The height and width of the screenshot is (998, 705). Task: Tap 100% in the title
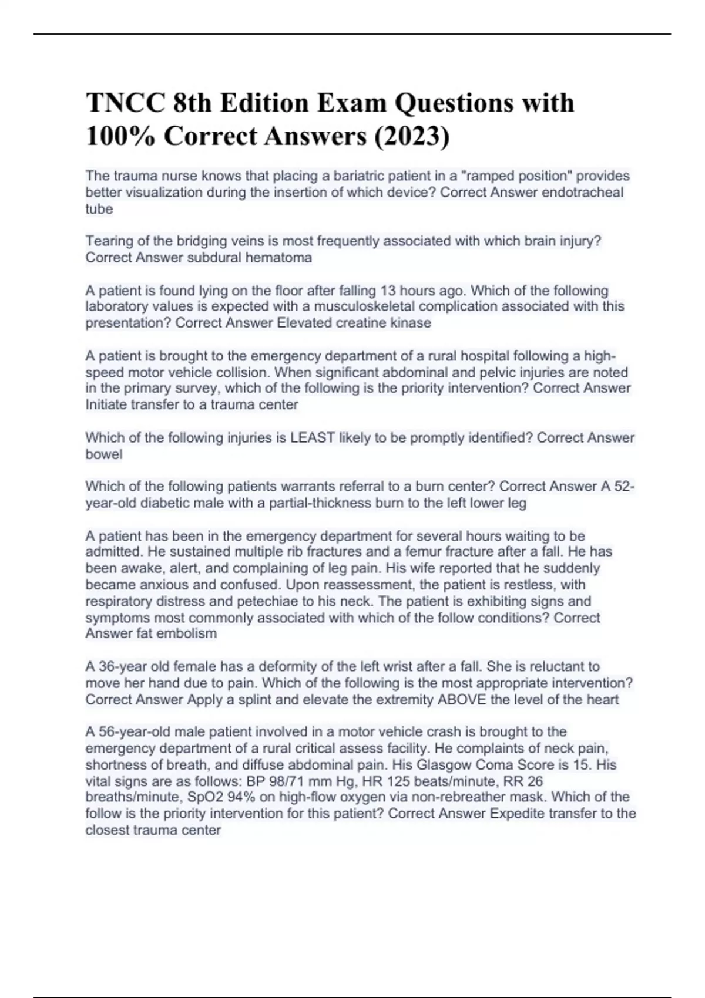pyautogui.click(x=120, y=136)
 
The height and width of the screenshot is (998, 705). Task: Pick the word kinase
pyautogui.click(x=411, y=322)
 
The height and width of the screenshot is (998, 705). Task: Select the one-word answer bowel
pyautogui.click(x=104, y=454)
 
